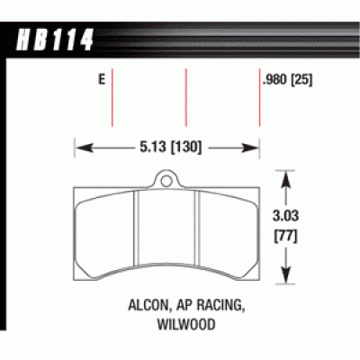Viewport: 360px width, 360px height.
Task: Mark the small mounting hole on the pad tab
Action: tap(166, 180)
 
